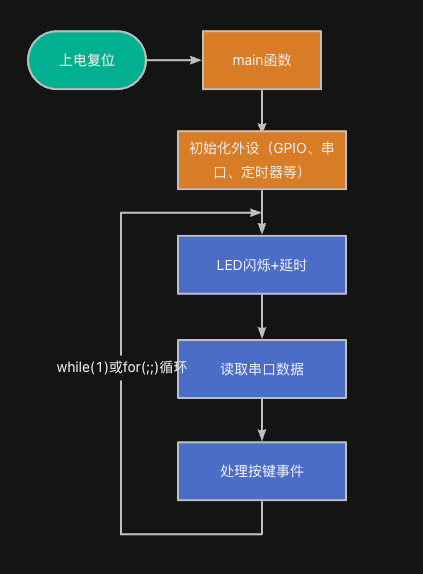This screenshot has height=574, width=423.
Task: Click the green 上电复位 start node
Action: [x=87, y=60]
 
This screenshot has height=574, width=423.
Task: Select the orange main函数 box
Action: [x=262, y=60]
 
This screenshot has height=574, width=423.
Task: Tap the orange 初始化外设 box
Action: [x=262, y=160]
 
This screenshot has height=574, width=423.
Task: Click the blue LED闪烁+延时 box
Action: [x=262, y=265]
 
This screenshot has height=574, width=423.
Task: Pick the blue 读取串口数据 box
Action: [x=262, y=369]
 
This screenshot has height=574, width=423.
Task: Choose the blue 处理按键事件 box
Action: [x=262, y=471]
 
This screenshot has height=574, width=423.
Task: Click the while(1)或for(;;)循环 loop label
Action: [x=121, y=367]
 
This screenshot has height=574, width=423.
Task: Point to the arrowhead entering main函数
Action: [x=196, y=60]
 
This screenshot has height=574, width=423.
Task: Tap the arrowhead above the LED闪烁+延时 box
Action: [x=262, y=230]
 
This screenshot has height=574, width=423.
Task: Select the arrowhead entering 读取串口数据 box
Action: [x=262, y=334]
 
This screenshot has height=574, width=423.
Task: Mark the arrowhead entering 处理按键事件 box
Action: [x=262, y=436]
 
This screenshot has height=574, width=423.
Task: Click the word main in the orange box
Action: [x=246, y=60]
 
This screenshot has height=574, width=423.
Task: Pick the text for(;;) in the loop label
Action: [x=139, y=367]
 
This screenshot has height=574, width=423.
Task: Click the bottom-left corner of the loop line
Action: [x=121, y=533]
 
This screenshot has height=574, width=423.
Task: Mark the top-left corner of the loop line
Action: [x=121, y=212]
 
